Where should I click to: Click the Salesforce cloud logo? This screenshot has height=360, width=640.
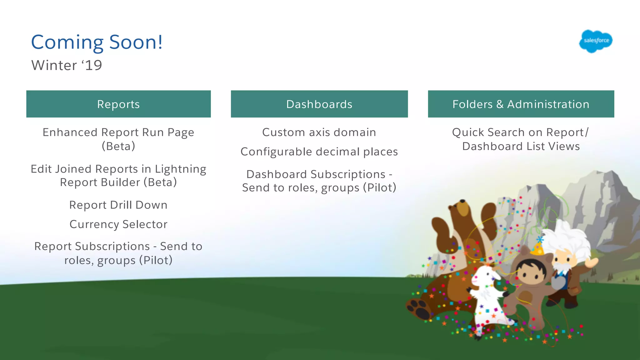click(596, 41)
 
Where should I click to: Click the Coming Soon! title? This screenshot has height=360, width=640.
click(97, 42)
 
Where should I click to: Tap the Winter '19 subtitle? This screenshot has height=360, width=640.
click(67, 65)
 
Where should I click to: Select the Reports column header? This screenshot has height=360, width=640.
click(118, 104)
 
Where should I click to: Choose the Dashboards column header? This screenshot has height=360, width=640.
click(319, 104)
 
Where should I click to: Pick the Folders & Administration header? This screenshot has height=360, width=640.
click(521, 104)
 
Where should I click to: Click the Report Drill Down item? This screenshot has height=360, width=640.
click(118, 205)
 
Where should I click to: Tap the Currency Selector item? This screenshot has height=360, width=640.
click(118, 224)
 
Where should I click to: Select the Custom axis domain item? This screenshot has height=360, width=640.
click(319, 132)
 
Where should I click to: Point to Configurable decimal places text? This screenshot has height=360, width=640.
click(319, 152)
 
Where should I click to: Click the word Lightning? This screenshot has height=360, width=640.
click(180, 169)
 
